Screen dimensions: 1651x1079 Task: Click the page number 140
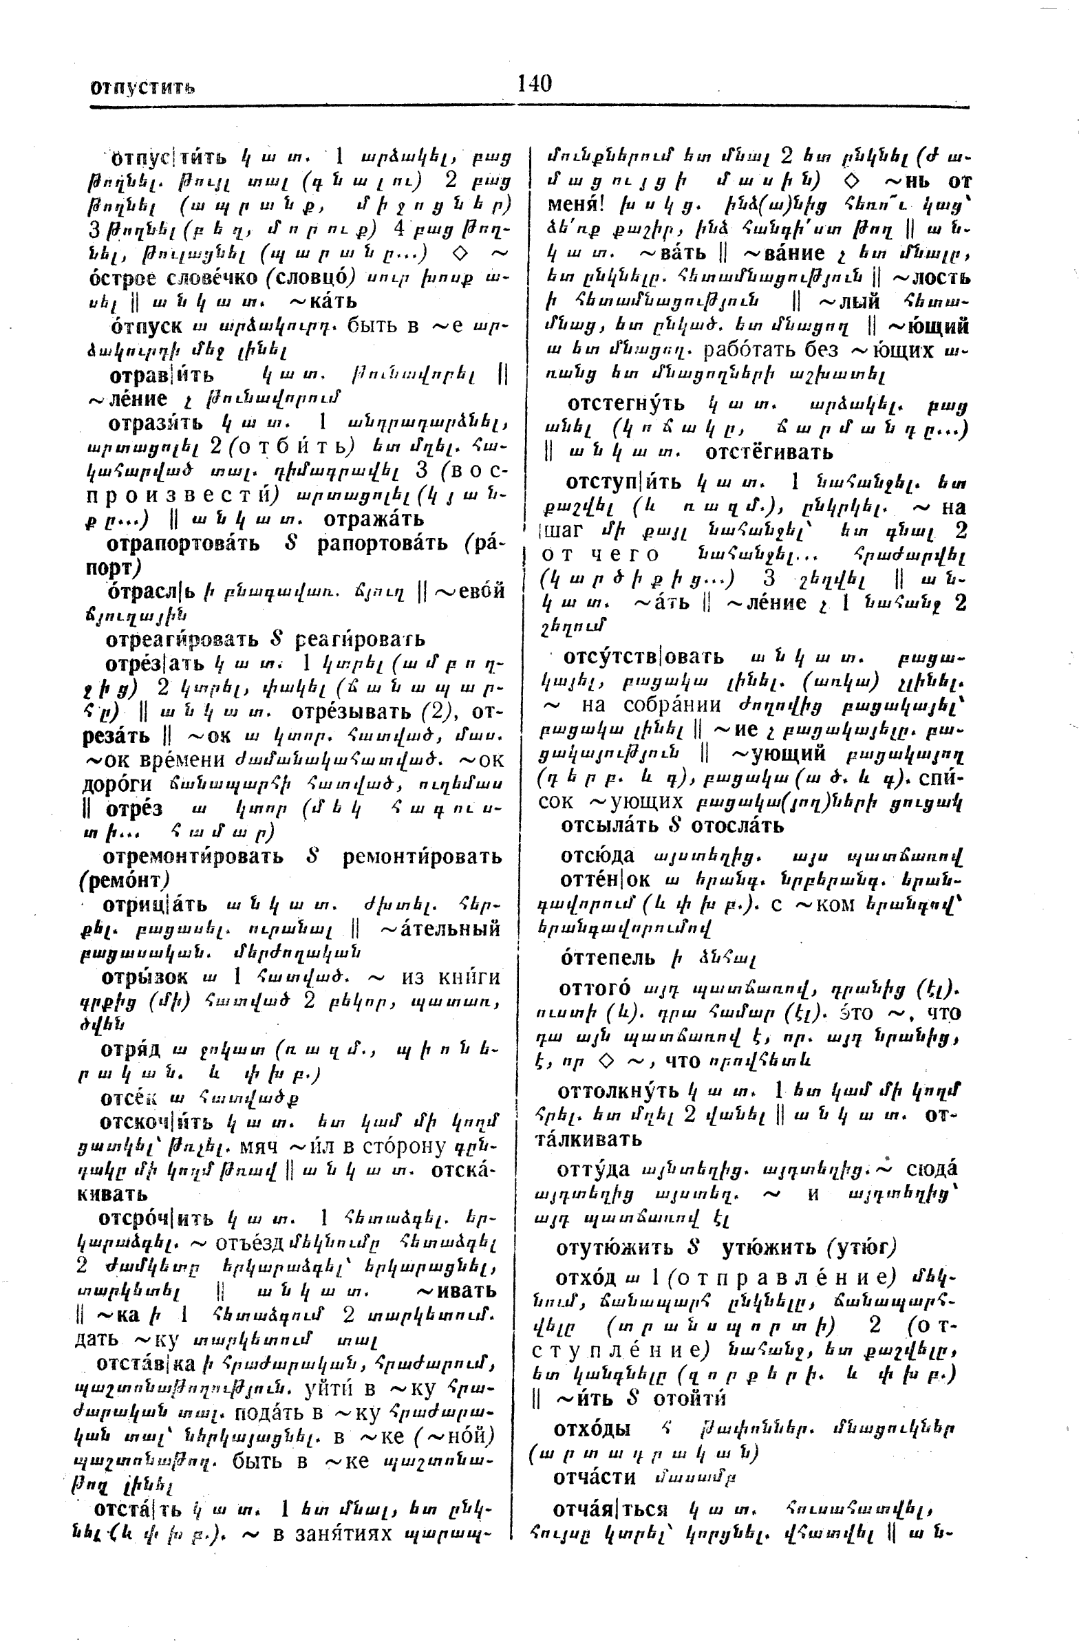click(534, 84)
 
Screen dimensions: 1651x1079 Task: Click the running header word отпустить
click(142, 88)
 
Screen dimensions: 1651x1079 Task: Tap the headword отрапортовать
click(183, 543)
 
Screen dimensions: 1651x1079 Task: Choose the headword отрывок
click(145, 977)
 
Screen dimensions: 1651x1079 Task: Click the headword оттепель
click(607, 958)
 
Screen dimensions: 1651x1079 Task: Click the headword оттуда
click(593, 1169)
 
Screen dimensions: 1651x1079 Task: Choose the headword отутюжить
click(614, 1247)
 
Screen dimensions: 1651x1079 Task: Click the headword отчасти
click(594, 1478)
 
